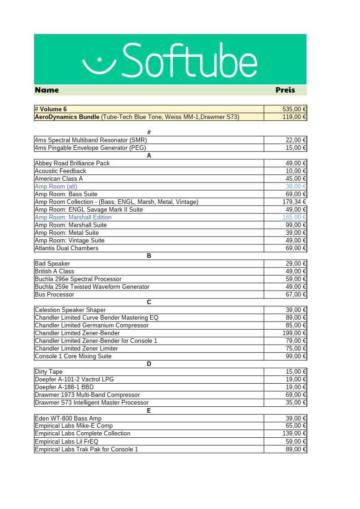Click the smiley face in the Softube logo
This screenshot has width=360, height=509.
[99, 64]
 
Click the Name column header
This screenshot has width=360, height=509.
[47, 90]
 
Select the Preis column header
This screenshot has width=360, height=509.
[285, 90]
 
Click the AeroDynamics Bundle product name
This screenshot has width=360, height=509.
[67, 117]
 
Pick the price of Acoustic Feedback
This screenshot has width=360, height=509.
[296, 171]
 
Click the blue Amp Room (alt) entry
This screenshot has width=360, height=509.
[56, 186]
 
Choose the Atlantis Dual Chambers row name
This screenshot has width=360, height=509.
[66, 248]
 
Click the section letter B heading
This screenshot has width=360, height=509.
[149, 256]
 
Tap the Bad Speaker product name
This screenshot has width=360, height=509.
[52, 263]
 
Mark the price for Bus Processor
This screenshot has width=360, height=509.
[296, 294]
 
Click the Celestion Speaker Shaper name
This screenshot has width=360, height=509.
[70, 310]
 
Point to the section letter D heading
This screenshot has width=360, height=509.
[149, 364]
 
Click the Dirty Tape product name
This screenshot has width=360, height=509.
[49, 371]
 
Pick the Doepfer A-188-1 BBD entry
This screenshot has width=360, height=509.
[64, 387]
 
